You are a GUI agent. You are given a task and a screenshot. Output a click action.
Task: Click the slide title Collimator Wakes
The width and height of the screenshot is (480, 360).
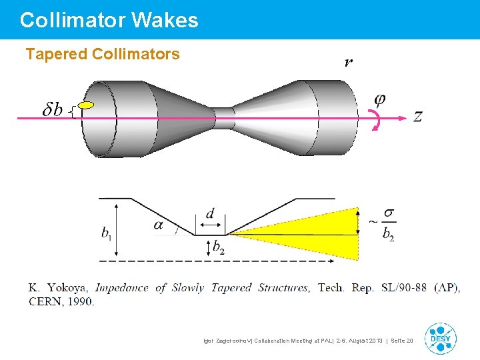click(x=109, y=20)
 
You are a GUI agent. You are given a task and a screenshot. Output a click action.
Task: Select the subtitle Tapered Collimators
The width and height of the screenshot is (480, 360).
click(x=103, y=54)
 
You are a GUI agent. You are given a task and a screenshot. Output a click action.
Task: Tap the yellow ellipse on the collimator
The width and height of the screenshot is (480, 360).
click(x=86, y=105)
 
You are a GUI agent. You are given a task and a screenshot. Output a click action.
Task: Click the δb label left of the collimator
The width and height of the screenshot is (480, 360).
click(x=53, y=110)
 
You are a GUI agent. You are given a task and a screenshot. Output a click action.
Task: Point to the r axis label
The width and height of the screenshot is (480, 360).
click(x=349, y=63)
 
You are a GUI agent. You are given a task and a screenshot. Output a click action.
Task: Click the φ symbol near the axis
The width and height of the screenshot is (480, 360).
click(x=379, y=99)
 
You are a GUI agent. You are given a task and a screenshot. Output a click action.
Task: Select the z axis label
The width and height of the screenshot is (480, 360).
click(x=418, y=116)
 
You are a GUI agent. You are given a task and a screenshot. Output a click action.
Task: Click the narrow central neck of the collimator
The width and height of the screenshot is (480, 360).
click(x=225, y=118)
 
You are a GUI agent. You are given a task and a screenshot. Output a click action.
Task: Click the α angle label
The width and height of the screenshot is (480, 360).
click(x=158, y=225)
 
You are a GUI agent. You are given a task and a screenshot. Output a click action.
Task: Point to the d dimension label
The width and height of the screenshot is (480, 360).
click(x=210, y=213)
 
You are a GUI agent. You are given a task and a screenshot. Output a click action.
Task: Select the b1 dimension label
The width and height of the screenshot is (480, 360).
click(x=107, y=233)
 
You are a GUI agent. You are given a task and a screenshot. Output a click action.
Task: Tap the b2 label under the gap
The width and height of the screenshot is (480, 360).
click(x=219, y=247)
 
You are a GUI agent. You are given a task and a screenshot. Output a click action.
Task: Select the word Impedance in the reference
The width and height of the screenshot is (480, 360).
click(x=122, y=288)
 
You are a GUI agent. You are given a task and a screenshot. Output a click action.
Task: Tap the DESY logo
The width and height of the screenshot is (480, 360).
click(x=440, y=338)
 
